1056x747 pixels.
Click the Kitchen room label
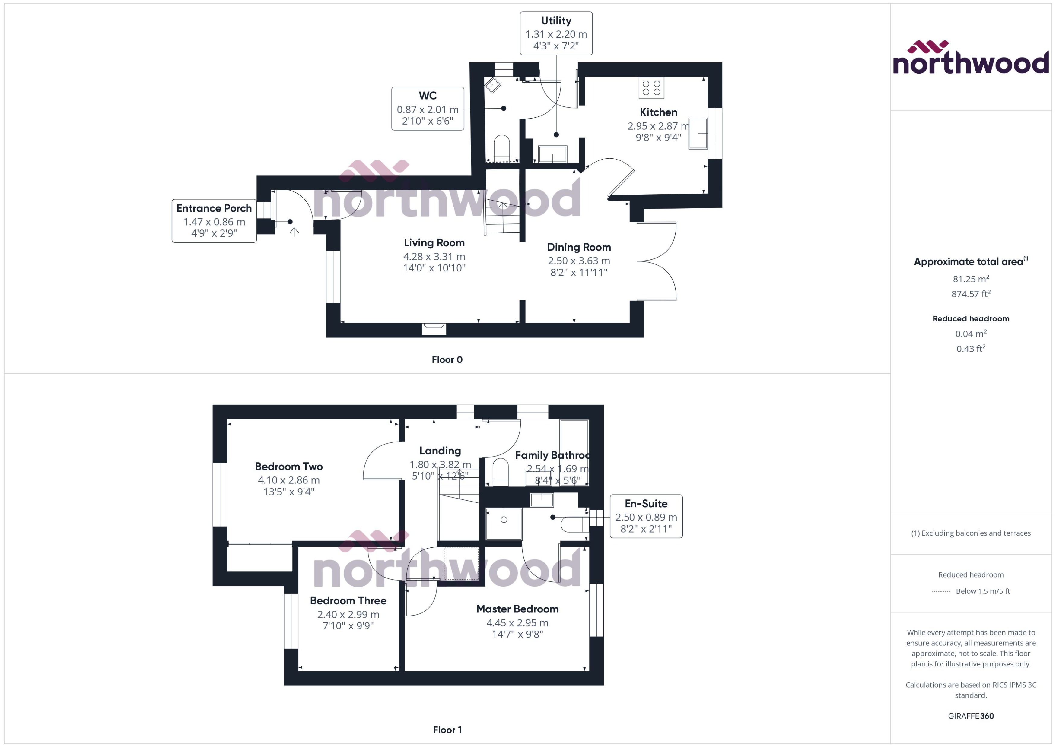(x=658, y=112)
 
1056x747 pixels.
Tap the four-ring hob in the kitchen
(x=651, y=88)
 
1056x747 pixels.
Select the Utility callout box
(x=556, y=33)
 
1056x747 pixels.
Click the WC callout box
(x=428, y=109)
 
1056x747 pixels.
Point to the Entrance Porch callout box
(x=214, y=220)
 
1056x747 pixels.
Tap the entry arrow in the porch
(x=294, y=232)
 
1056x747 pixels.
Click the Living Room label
(x=434, y=243)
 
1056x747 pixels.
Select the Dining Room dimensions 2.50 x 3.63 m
(x=579, y=261)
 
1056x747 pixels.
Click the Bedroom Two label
(x=288, y=467)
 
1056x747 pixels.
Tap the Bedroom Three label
(x=348, y=601)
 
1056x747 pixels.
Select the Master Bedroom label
(x=517, y=609)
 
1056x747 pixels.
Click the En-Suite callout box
(x=646, y=516)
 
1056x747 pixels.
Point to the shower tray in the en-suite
(x=504, y=524)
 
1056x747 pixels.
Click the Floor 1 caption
(x=447, y=730)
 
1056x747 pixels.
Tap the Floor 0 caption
(x=447, y=360)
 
